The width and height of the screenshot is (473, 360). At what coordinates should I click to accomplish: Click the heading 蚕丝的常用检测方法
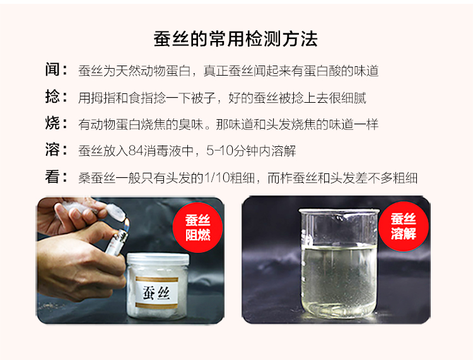pyautogui.click(x=236, y=39)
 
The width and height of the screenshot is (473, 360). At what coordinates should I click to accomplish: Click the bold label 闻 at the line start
pyautogui.click(x=52, y=69)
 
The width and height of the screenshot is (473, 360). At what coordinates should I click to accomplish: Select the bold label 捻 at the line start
pyautogui.click(x=52, y=96)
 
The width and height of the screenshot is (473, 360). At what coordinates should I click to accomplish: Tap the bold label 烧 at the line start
pyautogui.click(x=52, y=123)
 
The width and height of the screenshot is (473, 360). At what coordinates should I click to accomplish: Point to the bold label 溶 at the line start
pyautogui.click(x=52, y=149)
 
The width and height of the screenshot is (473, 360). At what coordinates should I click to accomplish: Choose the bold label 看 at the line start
pyautogui.click(x=52, y=177)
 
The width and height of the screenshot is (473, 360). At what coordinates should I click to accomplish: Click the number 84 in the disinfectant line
pyautogui.click(x=136, y=151)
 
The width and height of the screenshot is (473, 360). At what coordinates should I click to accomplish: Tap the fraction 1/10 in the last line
pyautogui.click(x=217, y=178)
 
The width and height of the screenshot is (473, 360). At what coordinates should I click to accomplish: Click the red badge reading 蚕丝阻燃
pyautogui.click(x=197, y=228)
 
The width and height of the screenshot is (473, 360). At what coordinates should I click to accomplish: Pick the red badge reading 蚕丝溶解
pyautogui.click(x=404, y=226)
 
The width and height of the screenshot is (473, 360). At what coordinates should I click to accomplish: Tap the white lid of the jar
pyautogui.click(x=158, y=259)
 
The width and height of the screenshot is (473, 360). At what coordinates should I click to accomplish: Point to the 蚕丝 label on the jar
pyautogui.click(x=156, y=293)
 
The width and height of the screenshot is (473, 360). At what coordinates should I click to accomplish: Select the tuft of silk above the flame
pyautogui.click(x=115, y=211)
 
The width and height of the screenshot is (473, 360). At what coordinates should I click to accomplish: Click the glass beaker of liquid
pyautogui.click(x=339, y=262)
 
